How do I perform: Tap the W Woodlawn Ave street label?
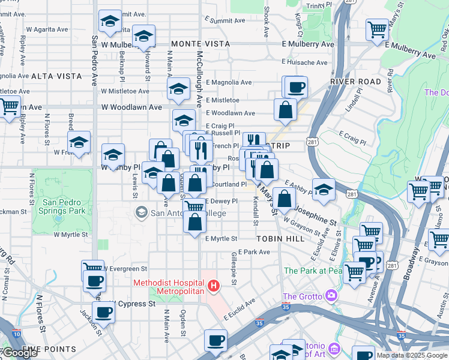click(131, 107)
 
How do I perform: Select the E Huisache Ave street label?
click(305, 62)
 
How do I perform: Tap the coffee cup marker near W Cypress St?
click(103, 313)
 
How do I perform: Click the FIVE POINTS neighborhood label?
click(40, 349)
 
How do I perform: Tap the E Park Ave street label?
click(255, 252)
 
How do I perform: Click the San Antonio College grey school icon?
click(141, 212)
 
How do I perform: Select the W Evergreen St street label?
click(127, 268)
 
